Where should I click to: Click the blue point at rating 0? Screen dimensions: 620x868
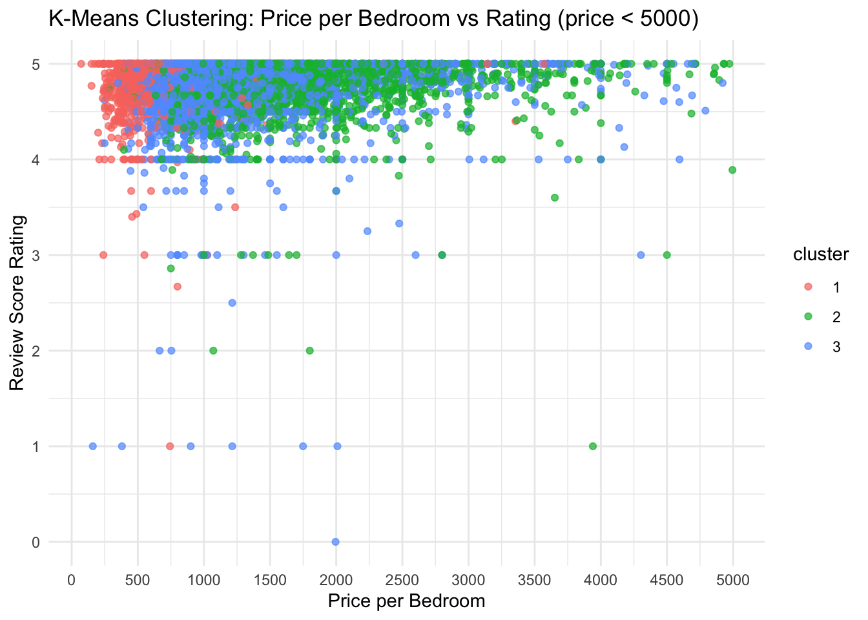pos(335,542)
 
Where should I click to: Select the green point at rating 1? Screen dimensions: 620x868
pos(593,446)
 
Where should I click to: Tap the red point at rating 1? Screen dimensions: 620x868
pos(170,446)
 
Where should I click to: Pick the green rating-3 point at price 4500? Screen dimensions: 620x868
pos(666,255)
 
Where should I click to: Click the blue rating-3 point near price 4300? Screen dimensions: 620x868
pos(641,255)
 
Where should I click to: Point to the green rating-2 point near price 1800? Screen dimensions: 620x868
pos(309,351)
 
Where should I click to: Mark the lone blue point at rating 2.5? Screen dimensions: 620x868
pos(232,303)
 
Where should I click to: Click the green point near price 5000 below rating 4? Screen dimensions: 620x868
pos(732,170)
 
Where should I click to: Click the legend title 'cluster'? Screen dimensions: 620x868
pos(821,254)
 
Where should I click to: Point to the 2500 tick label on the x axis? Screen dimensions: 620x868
pos(402,580)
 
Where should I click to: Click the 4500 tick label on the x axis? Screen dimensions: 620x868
pos(666,580)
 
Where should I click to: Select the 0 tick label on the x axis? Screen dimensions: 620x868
pos(71,580)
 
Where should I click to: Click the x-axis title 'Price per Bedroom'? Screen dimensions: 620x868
pos(406,601)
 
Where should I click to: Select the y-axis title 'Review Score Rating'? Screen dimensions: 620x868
pos(17,302)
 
